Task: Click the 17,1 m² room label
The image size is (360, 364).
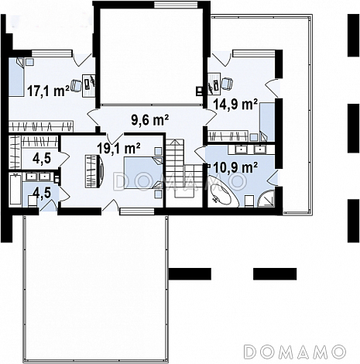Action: tap(48, 91)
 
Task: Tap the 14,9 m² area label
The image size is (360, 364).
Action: tap(235, 104)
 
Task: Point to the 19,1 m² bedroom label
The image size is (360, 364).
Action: tap(118, 148)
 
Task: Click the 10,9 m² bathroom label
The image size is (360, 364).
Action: tap(235, 167)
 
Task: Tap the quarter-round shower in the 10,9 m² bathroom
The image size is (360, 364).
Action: tap(266, 198)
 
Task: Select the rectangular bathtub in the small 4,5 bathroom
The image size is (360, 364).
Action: tap(15, 189)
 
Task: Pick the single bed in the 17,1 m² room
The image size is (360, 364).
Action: tap(16, 77)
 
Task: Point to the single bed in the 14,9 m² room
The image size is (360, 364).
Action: tap(267, 122)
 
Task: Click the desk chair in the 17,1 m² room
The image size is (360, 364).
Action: tap(77, 84)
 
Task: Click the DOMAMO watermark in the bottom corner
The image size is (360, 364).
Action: tap(295, 352)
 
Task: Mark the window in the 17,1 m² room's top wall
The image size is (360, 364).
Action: tap(52, 53)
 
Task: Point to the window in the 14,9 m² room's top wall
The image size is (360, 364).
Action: tap(254, 53)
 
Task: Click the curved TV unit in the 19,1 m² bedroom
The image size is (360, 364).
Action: tap(94, 171)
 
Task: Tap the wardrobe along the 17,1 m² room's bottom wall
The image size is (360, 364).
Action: tap(41, 126)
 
